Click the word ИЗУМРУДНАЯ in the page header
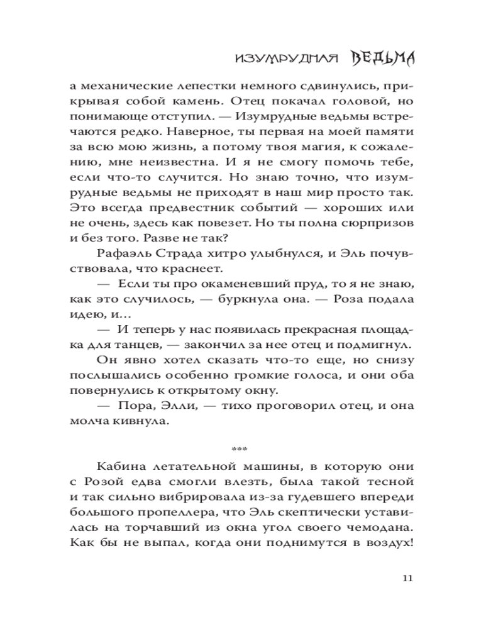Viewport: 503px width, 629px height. click(x=282, y=58)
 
